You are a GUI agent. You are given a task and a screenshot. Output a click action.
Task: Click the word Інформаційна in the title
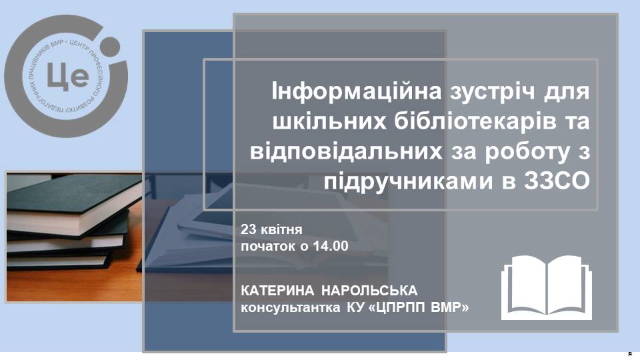[x=357, y=91]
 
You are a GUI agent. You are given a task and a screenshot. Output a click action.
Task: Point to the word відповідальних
[x=346, y=151]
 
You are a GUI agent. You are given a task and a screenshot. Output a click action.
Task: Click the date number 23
[x=248, y=229]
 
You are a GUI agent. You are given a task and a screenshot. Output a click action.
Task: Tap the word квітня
[x=281, y=229]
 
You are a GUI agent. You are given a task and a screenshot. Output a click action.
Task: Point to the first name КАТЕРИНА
[x=277, y=291]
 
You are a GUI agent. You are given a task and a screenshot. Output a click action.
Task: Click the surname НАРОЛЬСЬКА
[x=369, y=291]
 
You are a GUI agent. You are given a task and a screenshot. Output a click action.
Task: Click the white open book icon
[x=547, y=287]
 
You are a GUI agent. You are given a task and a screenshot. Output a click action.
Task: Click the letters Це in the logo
[x=68, y=76]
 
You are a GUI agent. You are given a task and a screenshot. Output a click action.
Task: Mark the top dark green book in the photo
[x=73, y=204]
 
